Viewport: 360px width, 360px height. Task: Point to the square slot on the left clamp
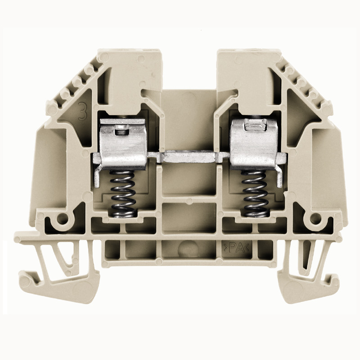click(120, 130)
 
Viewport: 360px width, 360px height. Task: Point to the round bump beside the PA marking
click(188, 247)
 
